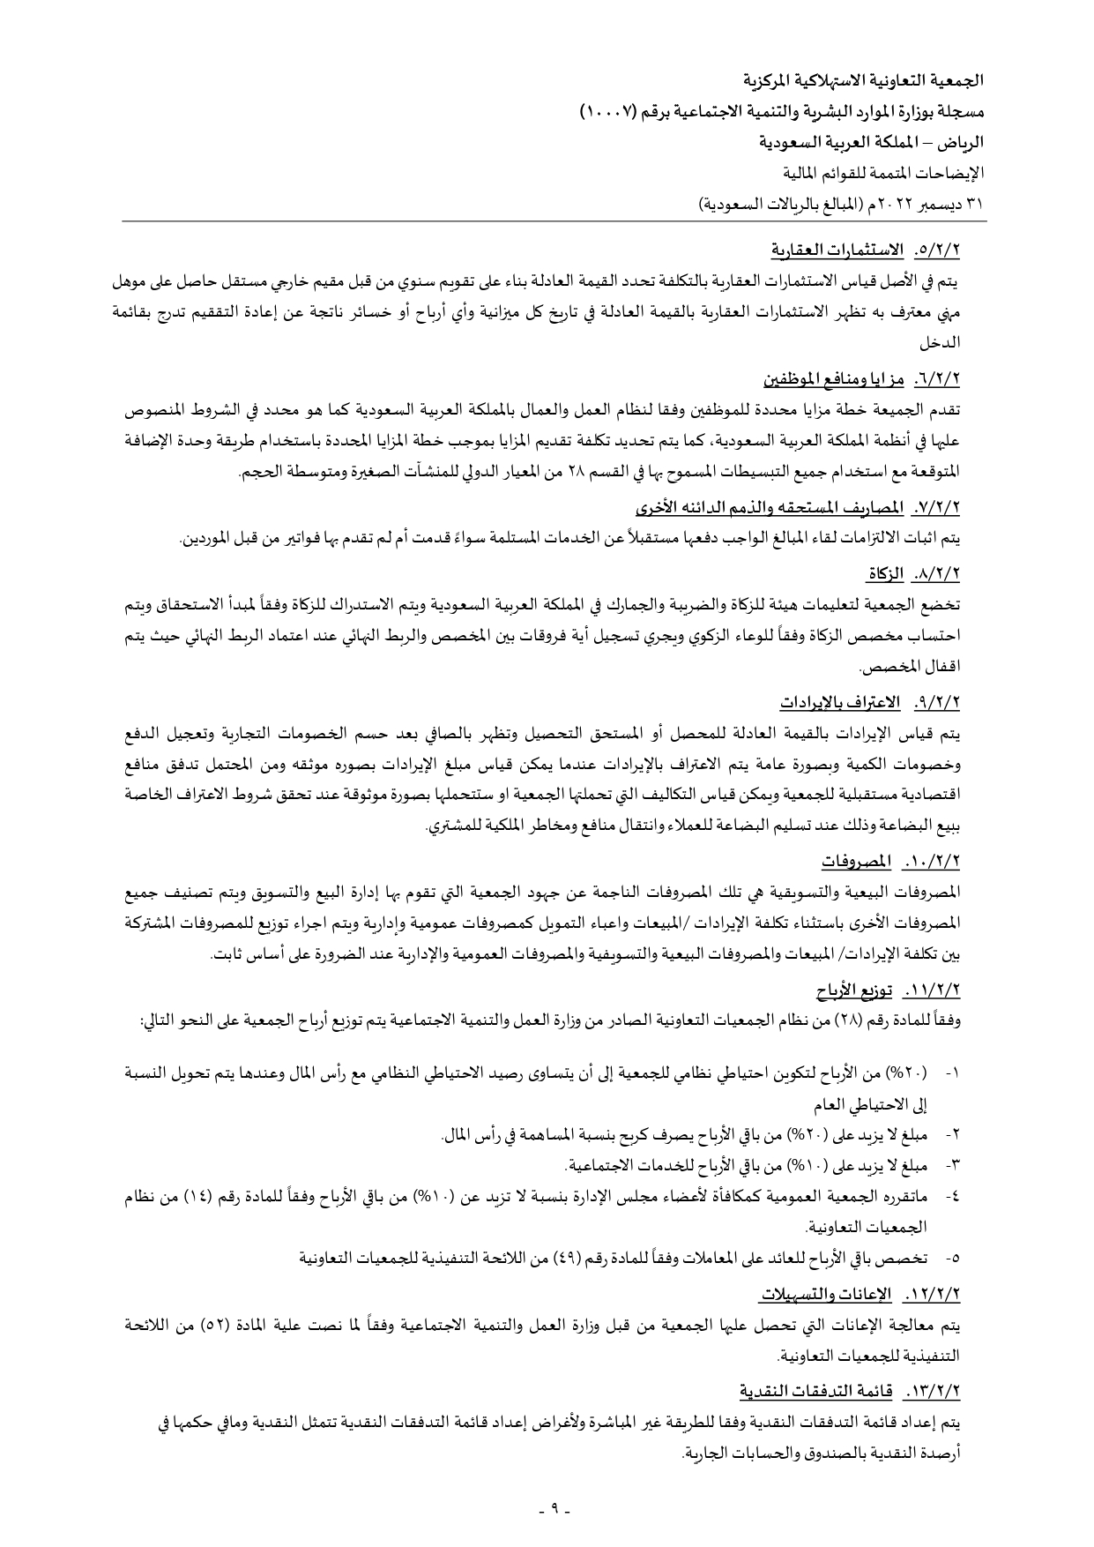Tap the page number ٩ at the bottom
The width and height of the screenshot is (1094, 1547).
pos(556,1507)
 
